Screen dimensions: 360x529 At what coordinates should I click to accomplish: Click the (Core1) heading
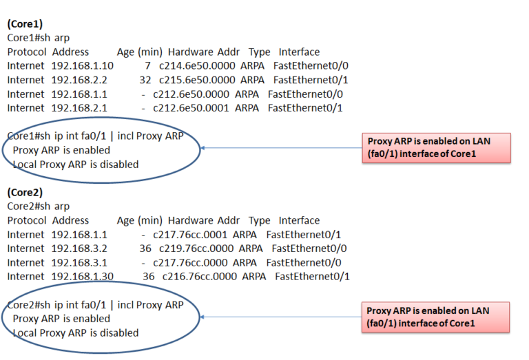25,23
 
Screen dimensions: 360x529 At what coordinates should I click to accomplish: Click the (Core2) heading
25,192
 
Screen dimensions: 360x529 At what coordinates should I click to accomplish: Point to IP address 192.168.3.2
79,248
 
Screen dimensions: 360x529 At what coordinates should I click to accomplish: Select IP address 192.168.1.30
82,276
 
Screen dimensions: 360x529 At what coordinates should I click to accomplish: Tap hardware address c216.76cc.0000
201,276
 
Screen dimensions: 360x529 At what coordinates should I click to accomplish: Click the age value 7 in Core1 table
147,65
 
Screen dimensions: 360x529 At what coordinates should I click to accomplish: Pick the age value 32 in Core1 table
145,80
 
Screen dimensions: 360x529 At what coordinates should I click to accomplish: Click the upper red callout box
436,147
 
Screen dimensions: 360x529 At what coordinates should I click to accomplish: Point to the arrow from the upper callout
282,147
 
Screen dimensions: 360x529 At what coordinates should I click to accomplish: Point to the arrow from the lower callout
282,317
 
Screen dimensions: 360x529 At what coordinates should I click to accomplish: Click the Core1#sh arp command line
38,37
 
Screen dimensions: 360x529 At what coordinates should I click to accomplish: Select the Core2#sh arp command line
38,206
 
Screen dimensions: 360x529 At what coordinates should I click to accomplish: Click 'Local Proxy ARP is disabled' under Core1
76,164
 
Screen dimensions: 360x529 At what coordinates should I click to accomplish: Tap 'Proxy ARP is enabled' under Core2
61,319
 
